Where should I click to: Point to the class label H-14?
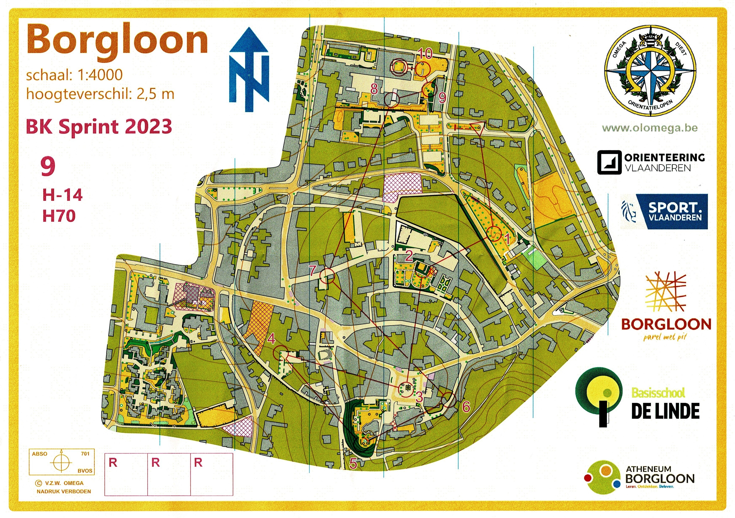coord(63,195)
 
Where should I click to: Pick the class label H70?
coord(59,216)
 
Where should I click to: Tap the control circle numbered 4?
coord(281,352)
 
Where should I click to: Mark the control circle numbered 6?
coord(448,400)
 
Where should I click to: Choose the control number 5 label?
coord(353,463)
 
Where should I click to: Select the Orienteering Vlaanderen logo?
coord(651,163)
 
